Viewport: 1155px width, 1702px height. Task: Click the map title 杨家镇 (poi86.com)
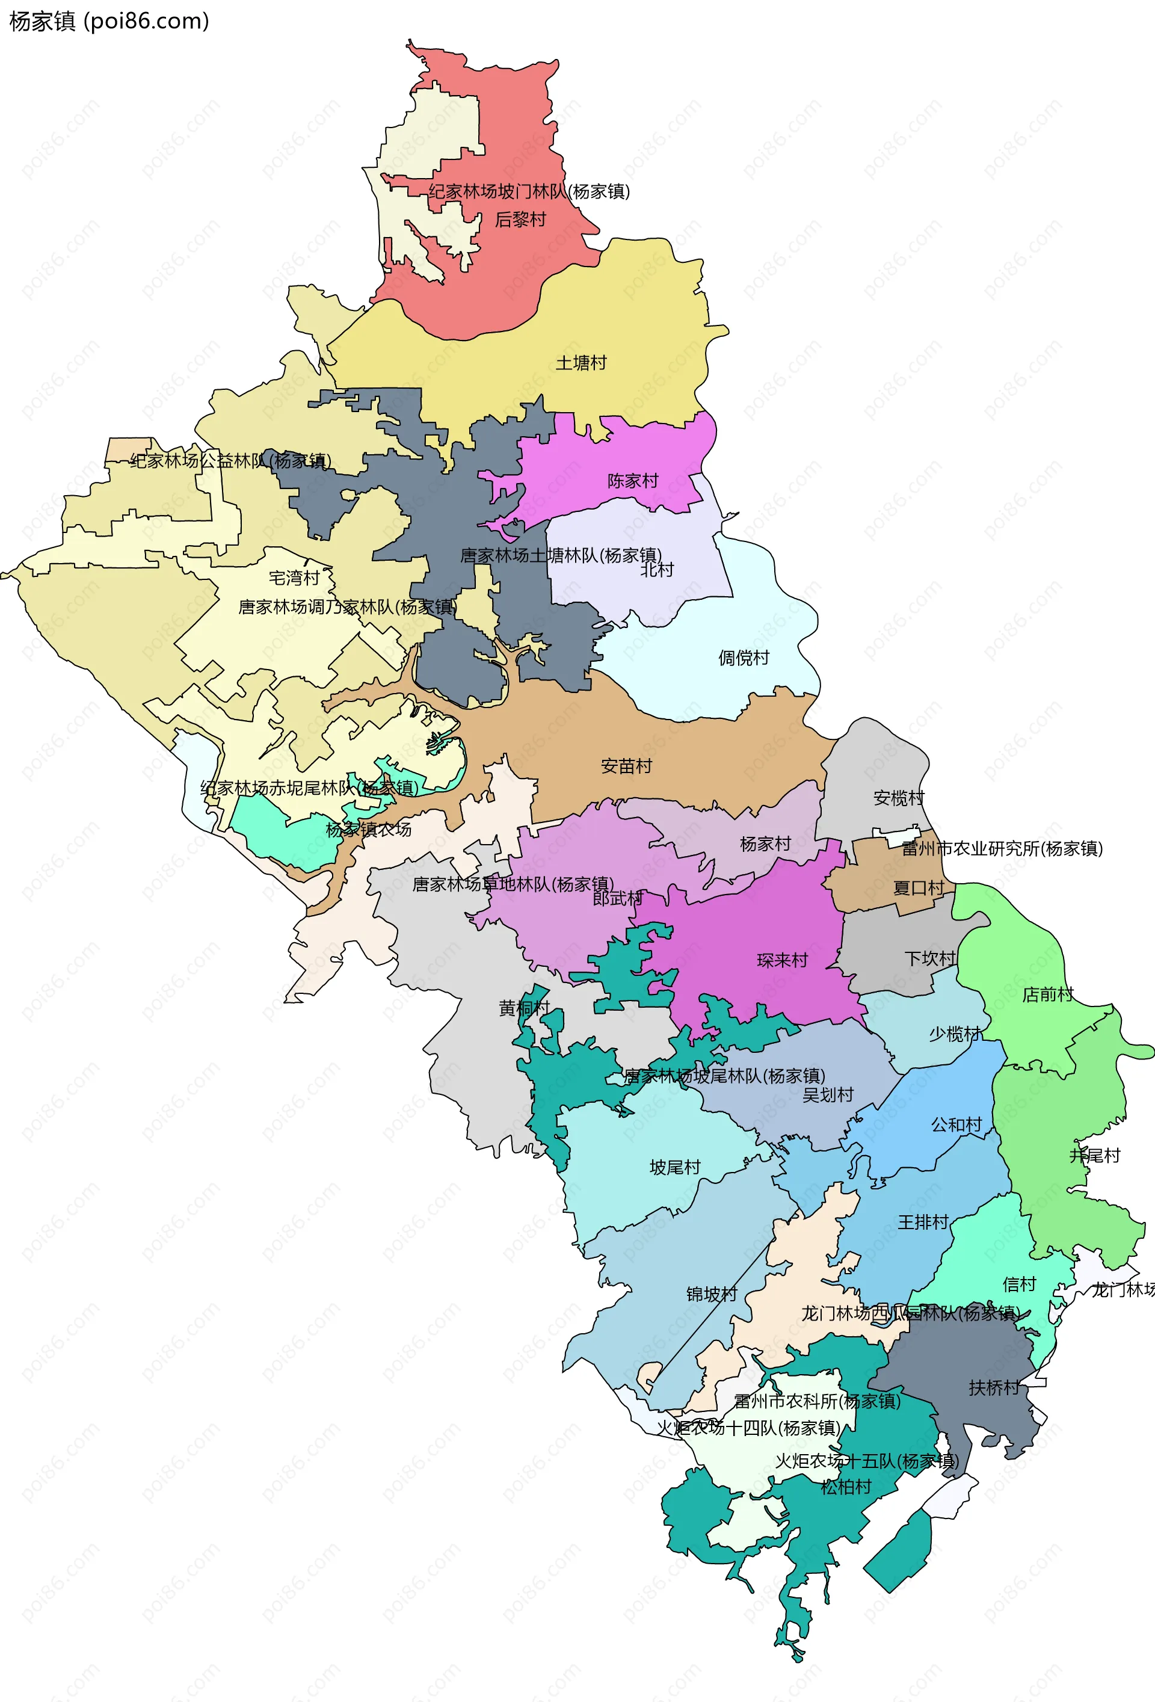tap(109, 21)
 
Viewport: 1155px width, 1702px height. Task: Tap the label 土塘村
tap(581, 363)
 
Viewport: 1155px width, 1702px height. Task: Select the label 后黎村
tap(520, 220)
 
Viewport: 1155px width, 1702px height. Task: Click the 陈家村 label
tap(633, 481)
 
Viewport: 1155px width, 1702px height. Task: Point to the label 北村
tap(656, 570)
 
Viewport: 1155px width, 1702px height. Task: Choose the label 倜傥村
tap(744, 658)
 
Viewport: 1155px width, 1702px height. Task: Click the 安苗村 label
tap(626, 766)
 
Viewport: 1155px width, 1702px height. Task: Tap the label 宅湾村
tap(294, 578)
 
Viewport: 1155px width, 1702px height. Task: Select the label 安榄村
tap(899, 798)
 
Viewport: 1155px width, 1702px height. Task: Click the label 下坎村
tap(930, 958)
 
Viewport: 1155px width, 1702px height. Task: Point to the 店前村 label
tap(1047, 994)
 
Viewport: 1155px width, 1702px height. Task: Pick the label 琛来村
tap(782, 960)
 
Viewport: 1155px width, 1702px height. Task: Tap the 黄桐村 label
tap(524, 1008)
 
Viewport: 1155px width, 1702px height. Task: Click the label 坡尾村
tap(674, 1167)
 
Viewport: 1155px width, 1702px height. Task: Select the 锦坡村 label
tap(711, 1294)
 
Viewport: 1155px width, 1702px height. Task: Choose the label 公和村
tap(956, 1125)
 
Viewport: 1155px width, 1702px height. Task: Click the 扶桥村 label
tap(994, 1388)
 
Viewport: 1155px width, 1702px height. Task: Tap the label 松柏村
tap(846, 1487)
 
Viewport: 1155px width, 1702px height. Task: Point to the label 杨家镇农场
tap(368, 830)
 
